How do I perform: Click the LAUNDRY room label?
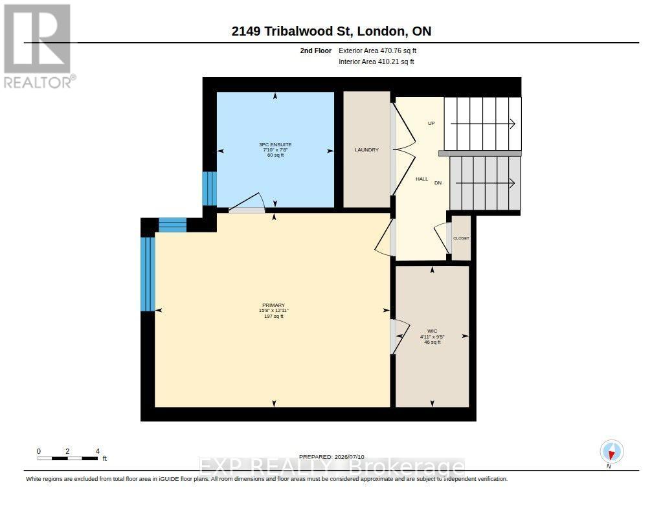point(366,150)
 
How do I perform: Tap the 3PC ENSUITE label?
point(275,144)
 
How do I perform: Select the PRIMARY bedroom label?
point(274,306)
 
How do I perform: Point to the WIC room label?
point(432,331)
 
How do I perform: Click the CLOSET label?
point(461,238)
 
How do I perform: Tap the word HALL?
point(421,179)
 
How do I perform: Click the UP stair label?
point(431,124)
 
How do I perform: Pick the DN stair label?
point(438,183)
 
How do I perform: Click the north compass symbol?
point(611,452)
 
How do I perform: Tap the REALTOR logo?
point(38,46)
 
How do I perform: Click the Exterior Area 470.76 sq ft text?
point(377,50)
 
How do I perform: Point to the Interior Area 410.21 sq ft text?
point(376,61)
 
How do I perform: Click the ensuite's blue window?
point(209,188)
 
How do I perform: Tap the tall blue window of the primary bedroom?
point(148,274)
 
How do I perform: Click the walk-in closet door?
point(399,336)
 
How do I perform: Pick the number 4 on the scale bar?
point(98,451)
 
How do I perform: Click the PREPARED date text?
point(331,457)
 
